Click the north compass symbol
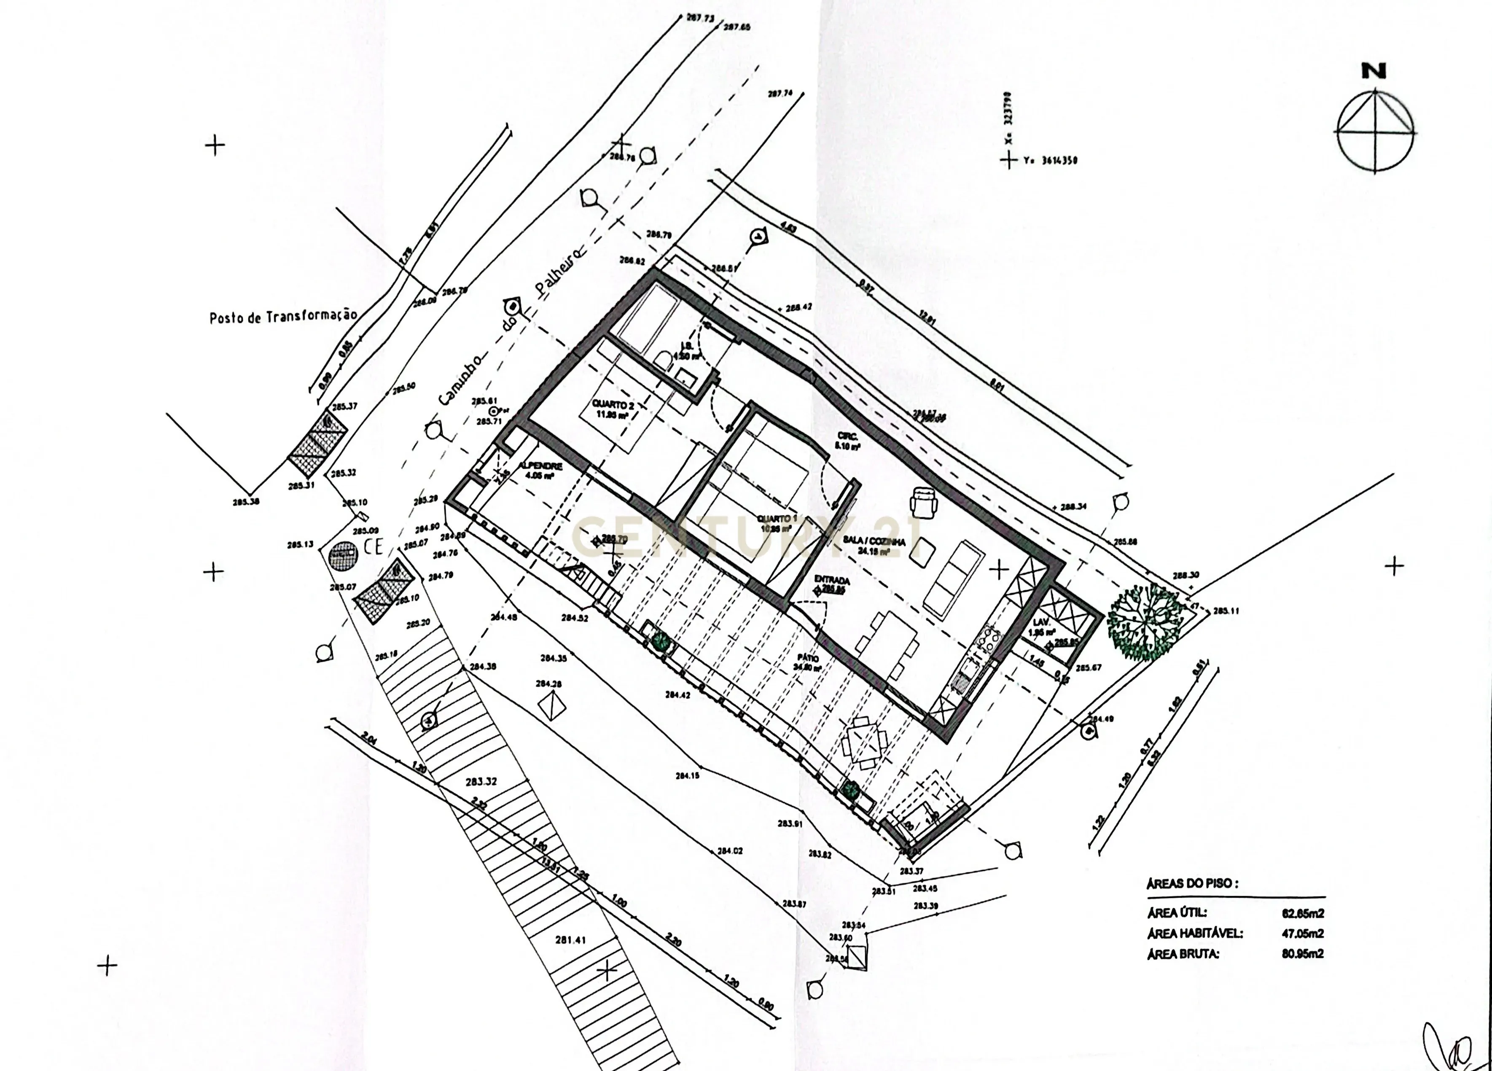(x=1375, y=131)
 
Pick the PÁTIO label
(x=808, y=662)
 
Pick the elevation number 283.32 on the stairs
(x=481, y=782)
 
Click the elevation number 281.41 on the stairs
(x=570, y=940)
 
